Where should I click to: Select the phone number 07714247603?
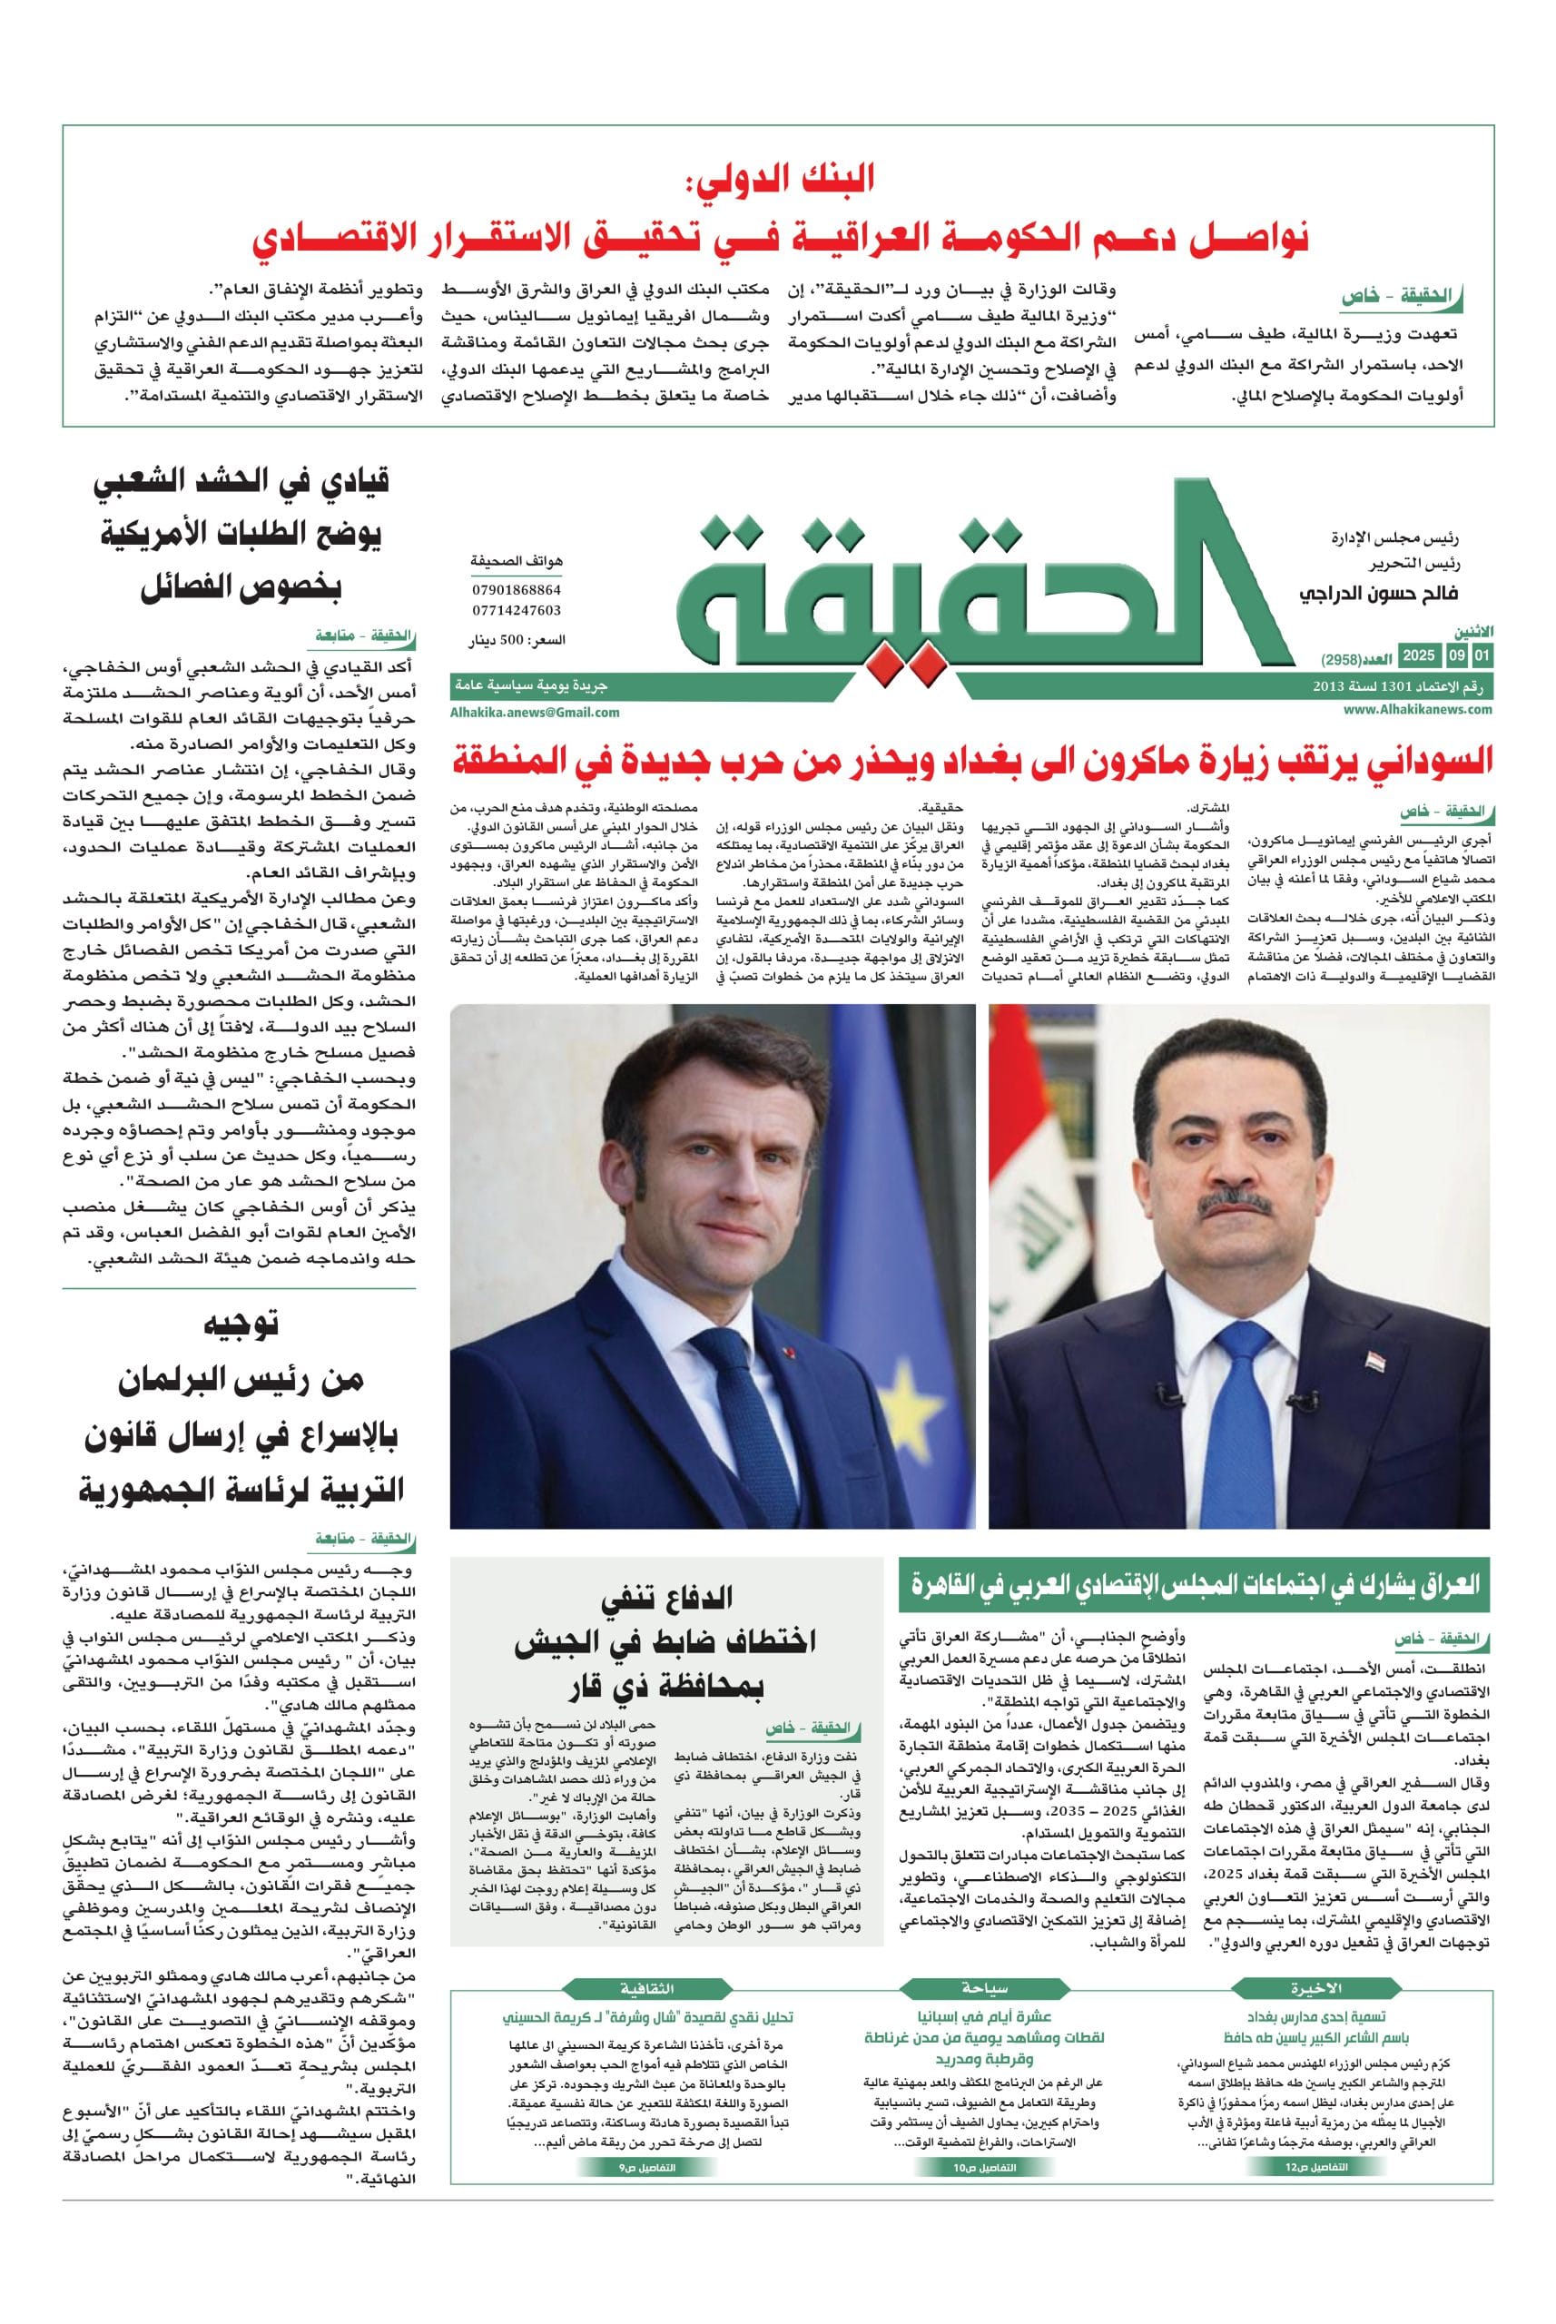click(516, 610)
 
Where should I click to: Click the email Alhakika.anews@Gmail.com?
click(535, 712)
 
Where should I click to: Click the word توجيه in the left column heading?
click(241, 1323)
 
